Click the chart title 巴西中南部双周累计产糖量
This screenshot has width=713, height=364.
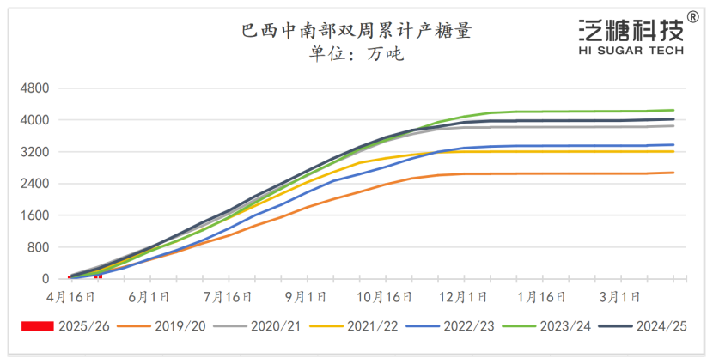[x=356, y=32]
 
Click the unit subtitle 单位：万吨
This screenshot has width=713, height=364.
[x=356, y=54]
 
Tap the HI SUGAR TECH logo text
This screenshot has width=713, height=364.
[x=631, y=51]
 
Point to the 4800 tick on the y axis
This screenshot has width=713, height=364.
[x=35, y=88]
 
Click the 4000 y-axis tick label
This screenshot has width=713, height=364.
[x=35, y=120]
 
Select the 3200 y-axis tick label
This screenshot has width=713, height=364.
[x=35, y=152]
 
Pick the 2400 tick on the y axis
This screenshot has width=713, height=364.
[x=35, y=184]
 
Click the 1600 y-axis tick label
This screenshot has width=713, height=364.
[x=35, y=215]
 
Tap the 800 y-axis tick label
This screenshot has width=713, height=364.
[x=38, y=247]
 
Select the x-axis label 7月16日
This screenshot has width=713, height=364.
[x=229, y=297]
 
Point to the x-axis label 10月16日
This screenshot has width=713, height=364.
[x=385, y=297]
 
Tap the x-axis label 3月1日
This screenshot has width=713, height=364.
[x=619, y=297]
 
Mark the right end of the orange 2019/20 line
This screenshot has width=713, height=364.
[x=673, y=173]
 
